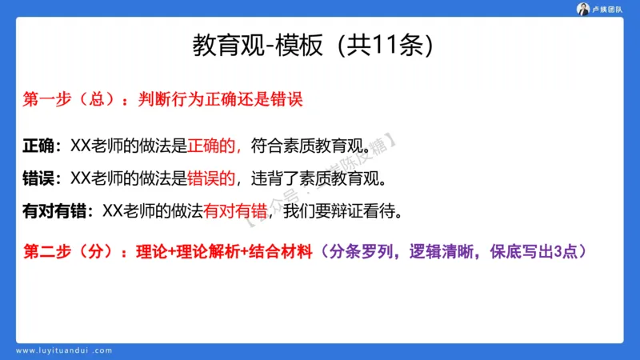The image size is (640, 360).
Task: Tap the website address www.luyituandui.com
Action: [65, 350]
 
